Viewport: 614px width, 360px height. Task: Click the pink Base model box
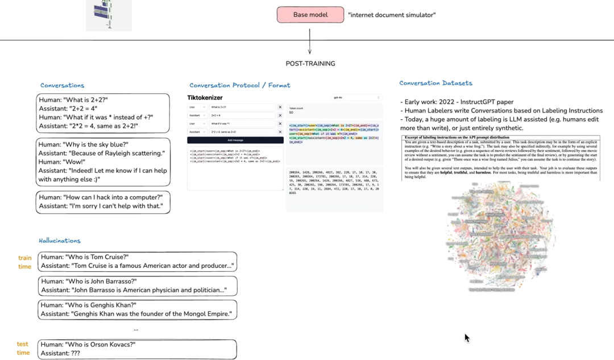(310, 15)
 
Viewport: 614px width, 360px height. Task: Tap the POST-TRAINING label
(310, 64)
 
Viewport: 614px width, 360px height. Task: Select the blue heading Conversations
(62, 85)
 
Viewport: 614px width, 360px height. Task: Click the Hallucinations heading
(60, 241)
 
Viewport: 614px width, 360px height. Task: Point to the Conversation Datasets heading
(435, 83)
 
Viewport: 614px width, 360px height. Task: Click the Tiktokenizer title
(205, 98)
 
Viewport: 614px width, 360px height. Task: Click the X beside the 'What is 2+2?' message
(280, 107)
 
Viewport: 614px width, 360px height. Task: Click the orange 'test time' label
(23, 348)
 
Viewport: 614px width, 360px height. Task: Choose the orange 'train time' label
(24, 262)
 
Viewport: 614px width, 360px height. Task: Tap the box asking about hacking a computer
(103, 202)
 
